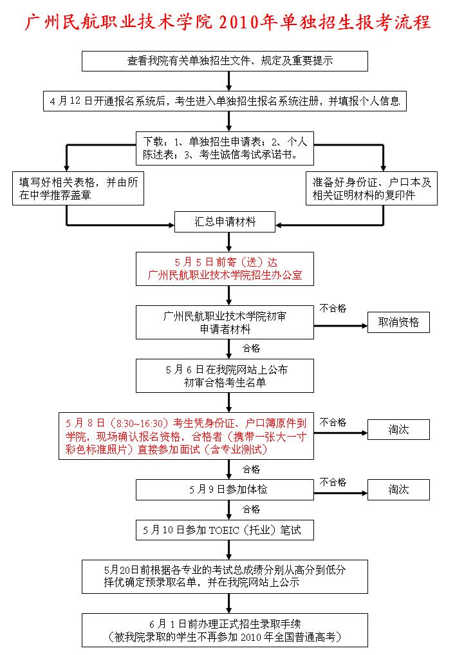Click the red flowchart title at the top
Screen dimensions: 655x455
coord(227,23)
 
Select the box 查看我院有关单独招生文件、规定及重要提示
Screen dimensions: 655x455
coord(225,61)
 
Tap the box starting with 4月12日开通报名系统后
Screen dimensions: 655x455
coord(225,101)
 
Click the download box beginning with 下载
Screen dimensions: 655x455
coord(225,148)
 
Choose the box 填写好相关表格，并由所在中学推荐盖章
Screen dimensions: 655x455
coord(78,188)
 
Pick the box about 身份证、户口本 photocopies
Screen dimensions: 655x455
coord(371,188)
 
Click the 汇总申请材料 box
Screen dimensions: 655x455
coord(225,222)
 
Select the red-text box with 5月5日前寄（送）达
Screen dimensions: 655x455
coord(225,269)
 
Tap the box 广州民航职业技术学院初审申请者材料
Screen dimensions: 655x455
coord(225,322)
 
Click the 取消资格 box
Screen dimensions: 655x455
coord(398,322)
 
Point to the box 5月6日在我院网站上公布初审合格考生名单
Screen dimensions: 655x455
coord(225,376)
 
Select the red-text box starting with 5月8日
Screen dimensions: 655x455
coord(186,436)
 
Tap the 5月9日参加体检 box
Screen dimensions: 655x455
coord(225,489)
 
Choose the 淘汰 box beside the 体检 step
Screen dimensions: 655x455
coord(398,489)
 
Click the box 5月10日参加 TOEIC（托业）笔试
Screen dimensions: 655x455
coord(225,530)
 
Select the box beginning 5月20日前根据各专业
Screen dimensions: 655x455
coord(225,576)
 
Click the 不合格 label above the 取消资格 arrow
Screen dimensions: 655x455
coord(333,309)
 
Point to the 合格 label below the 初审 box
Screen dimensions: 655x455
coord(251,348)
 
